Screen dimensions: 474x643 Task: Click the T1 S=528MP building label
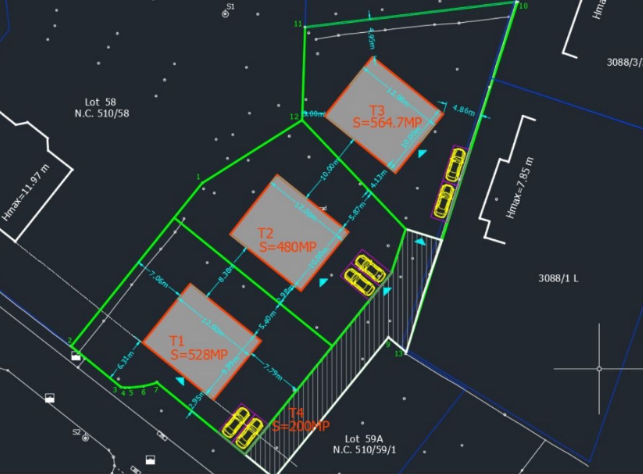(198, 348)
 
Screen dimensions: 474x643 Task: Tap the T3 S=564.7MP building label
(387, 117)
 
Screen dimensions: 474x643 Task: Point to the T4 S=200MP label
(301, 420)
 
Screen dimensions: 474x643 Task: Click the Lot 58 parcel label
(101, 108)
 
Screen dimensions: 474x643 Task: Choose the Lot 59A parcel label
(364, 444)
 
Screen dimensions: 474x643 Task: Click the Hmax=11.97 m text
(26, 192)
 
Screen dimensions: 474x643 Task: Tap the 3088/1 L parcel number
(558, 278)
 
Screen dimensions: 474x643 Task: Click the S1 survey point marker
(226, 14)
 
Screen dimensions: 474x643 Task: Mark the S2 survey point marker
(85, 438)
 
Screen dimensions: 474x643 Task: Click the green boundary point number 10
(523, 6)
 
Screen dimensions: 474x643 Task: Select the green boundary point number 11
(298, 24)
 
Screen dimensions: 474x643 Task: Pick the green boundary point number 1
(198, 176)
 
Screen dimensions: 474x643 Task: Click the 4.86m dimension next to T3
(463, 110)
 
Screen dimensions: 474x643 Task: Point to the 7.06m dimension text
(159, 278)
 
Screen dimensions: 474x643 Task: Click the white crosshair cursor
(599, 369)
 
